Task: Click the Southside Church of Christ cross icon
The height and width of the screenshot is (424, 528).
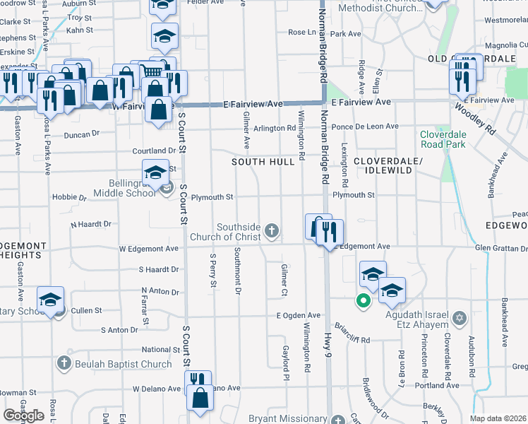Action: [272, 230]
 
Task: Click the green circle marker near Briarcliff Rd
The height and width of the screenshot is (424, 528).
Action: [364, 302]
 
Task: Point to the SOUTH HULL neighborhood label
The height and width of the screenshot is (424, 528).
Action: [263, 162]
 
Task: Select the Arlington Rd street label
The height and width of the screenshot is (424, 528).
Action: [275, 128]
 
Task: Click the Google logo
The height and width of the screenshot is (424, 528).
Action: [23, 416]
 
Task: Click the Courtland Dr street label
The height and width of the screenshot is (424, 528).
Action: [154, 151]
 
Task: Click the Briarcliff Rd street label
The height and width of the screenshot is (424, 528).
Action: [353, 340]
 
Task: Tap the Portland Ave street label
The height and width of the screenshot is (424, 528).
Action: [440, 385]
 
